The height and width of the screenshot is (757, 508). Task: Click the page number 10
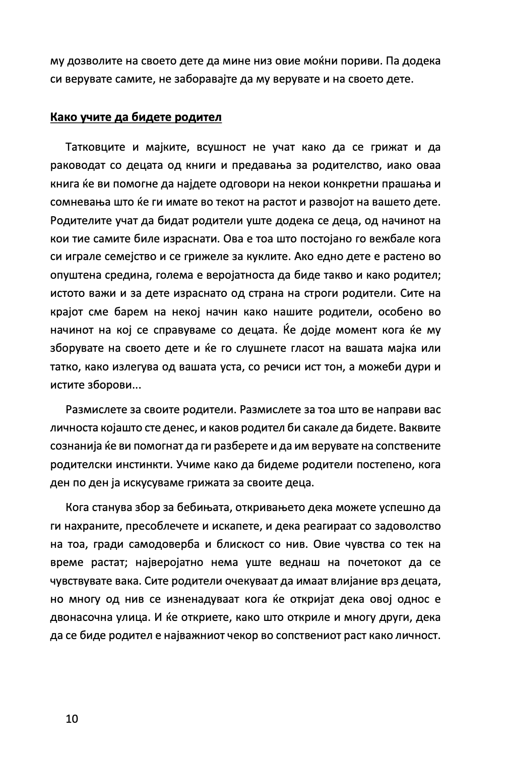point(72,718)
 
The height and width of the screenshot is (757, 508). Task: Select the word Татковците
point(95,147)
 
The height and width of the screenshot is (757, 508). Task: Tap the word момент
point(336,330)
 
